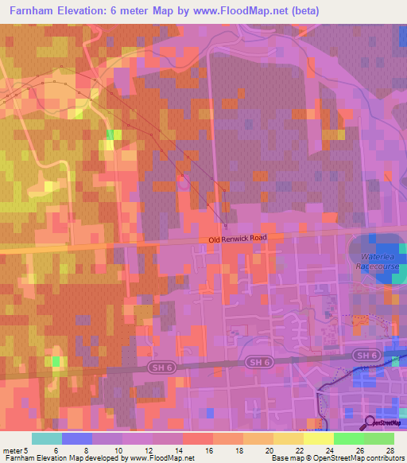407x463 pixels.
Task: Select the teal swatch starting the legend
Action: pos(47,438)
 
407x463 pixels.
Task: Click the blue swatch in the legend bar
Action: pos(77,438)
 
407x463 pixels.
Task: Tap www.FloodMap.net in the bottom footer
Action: pos(162,458)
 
